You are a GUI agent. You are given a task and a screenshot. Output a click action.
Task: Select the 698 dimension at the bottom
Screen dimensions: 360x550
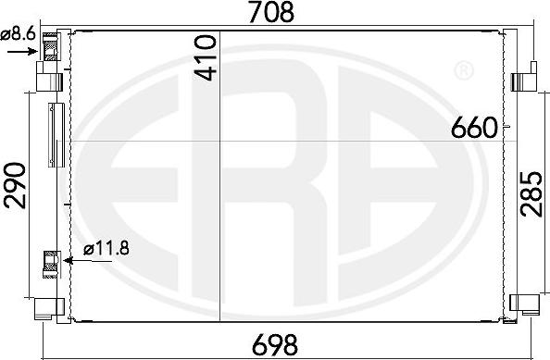point(276,345)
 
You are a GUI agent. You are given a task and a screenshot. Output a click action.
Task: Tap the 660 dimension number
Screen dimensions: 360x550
point(475,129)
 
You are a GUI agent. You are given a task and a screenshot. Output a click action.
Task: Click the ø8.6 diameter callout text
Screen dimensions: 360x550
point(18,34)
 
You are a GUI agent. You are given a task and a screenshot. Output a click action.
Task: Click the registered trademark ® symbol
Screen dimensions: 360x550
point(463,70)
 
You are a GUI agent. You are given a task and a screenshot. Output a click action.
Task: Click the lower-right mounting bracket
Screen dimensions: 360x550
point(524,303)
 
